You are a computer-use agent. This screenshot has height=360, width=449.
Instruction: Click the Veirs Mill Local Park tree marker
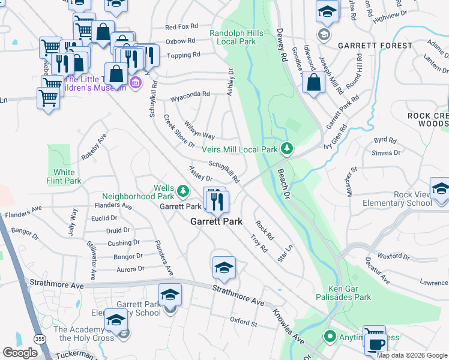click(x=288, y=148)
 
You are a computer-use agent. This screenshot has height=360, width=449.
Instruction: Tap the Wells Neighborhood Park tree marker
click(x=182, y=191)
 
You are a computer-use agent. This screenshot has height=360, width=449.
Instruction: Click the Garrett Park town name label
click(x=216, y=221)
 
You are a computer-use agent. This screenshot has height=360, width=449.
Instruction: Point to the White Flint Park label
click(x=64, y=176)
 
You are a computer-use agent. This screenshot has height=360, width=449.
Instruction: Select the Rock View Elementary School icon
click(x=440, y=190)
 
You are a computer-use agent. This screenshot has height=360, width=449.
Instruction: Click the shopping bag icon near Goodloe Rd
click(x=313, y=83)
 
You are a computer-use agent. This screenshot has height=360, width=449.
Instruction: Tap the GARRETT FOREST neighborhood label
click(x=375, y=46)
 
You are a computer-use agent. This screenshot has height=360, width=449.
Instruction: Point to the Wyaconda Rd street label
click(x=190, y=94)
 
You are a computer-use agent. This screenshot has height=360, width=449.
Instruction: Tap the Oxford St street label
click(x=243, y=322)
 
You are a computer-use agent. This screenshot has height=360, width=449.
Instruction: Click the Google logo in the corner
click(x=20, y=353)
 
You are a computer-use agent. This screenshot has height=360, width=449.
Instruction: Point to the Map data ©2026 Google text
click(x=411, y=355)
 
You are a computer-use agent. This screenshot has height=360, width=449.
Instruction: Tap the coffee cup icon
click(x=376, y=344)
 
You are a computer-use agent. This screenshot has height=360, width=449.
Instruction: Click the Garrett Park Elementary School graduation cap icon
click(x=170, y=295)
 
